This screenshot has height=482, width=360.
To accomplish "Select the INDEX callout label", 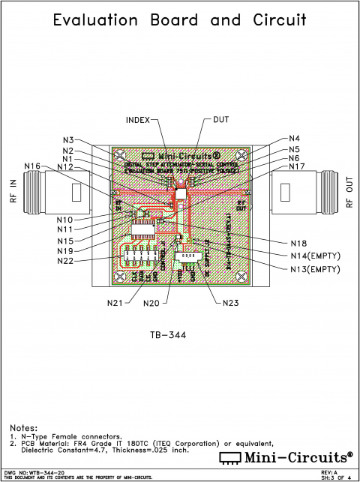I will coord(138,119).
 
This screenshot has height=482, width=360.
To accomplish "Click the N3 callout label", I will coord(68,139).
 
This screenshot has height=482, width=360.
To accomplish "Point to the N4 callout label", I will coord(295,139).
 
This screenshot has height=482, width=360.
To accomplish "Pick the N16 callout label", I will coord(32,166).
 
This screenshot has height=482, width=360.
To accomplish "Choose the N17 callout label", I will coord(297,167).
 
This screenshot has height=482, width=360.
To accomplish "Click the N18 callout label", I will coord(299,243).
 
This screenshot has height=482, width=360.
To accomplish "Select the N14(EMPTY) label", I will coord(314,256).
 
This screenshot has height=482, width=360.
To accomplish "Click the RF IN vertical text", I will coord(13,193).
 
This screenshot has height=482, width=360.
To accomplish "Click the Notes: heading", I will coord(23,428).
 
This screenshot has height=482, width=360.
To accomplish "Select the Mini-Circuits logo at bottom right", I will coord(285,457).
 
